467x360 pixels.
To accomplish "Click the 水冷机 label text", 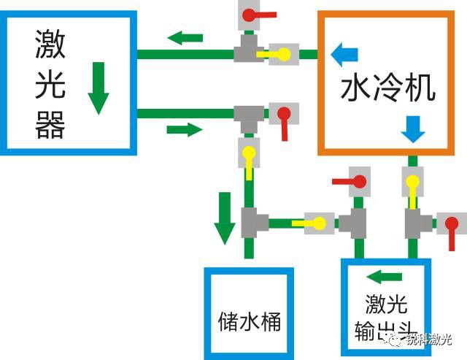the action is (388, 88).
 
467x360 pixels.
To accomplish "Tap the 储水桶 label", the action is (250, 321).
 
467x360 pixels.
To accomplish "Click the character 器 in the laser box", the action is (50, 125).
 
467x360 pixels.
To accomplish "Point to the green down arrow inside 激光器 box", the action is (99, 88).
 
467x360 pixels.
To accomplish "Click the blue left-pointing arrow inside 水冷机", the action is (344, 55).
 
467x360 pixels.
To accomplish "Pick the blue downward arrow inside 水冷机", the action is (413, 129).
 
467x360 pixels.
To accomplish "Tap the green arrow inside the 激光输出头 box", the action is (385, 277).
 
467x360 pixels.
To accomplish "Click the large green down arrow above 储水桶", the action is (225, 218).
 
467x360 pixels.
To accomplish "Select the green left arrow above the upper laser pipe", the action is (185, 38).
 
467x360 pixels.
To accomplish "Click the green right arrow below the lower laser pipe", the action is (185, 130).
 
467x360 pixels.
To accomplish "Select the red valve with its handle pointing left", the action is (352, 182).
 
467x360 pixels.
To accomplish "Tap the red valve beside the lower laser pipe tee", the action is (284, 119).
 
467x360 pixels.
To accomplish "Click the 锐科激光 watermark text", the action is (429, 340).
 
